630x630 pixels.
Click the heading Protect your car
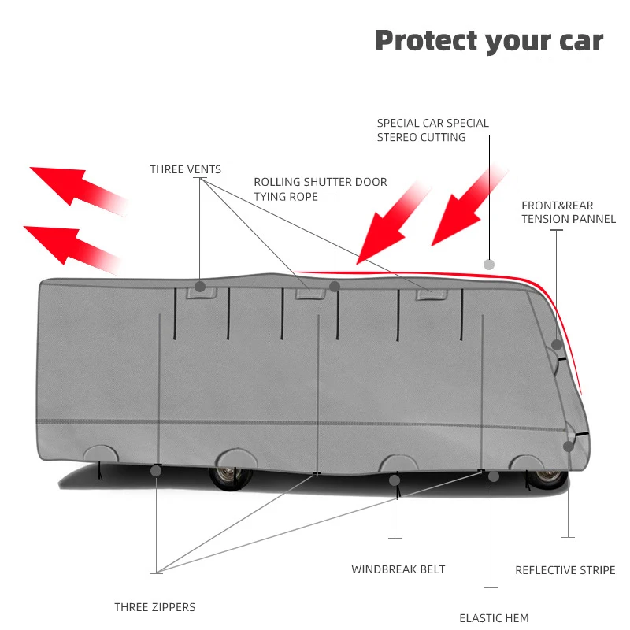tap(489, 42)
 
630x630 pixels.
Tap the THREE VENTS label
tap(186, 169)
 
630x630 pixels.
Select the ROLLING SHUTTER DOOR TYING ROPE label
tap(321, 189)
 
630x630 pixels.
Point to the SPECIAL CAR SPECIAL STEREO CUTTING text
tap(432, 130)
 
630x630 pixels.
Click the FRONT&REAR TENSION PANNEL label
tap(568, 212)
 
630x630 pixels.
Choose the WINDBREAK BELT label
tap(398, 569)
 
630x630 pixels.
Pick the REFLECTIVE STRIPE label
tap(565, 570)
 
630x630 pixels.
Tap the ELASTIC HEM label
tap(494, 618)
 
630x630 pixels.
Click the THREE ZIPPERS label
tap(154, 607)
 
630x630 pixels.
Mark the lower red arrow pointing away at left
tap(72, 249)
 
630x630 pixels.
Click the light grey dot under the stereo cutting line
tap(489, 265)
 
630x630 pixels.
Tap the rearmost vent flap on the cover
tap(202, 292)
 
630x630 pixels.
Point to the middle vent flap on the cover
tap(310, 293)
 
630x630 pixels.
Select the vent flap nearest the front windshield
tap(432, 295)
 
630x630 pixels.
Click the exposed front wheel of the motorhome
tap(547, 478)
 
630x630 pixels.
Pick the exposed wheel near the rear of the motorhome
tap(230, 477)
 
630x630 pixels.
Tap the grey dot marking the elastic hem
tap(494, 477)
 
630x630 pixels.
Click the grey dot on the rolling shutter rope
tap(334, 287)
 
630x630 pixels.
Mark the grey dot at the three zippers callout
tap(156, 471)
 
